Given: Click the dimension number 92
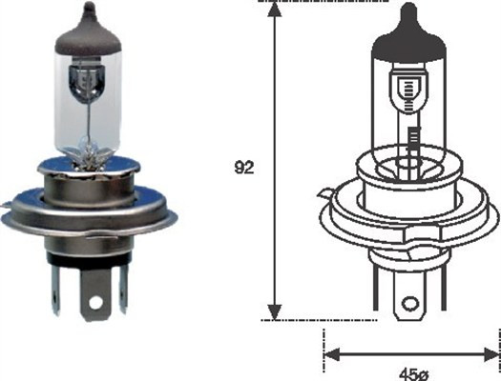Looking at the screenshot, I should tap(244, 170).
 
